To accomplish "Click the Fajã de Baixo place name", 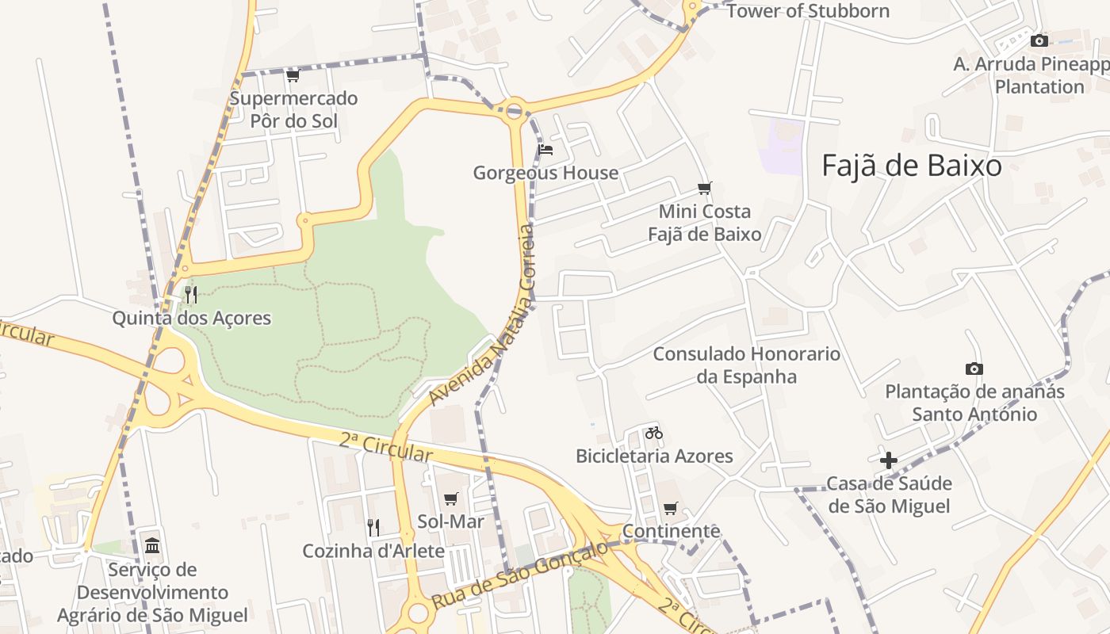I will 911,166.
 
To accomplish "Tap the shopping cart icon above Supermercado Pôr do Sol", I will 293,76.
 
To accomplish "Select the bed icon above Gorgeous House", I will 545,149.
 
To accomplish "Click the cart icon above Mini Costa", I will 704,188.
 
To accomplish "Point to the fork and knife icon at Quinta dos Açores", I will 190,295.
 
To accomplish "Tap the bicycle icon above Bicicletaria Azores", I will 653,433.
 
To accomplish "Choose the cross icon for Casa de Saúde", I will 888,460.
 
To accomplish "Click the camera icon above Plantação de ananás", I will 974,369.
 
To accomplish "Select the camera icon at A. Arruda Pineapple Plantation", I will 1039,40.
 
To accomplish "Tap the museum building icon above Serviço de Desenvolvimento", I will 152,545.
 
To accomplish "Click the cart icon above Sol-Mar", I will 450,498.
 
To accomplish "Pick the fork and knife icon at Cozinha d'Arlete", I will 373,527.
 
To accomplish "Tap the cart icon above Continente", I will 671,508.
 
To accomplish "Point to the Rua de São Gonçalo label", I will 520,574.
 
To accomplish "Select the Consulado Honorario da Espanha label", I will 746,365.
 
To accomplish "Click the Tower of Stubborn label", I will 808,11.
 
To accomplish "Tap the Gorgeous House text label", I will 545,173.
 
